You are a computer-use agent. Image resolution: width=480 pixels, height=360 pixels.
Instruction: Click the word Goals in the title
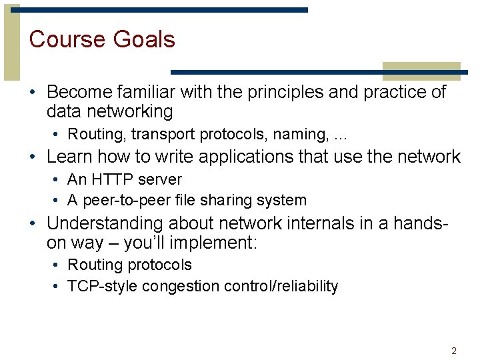pyautogui.click(x=144, y=39)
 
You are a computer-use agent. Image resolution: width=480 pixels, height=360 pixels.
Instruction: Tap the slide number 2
pyautogui.click(x=454, y=351)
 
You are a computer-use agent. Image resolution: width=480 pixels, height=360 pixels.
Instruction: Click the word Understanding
pyautogui.click(x=105, y=223)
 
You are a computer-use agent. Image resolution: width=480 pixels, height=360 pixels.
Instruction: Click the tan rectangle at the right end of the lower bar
pyautogui.click(x=421, y=71)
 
